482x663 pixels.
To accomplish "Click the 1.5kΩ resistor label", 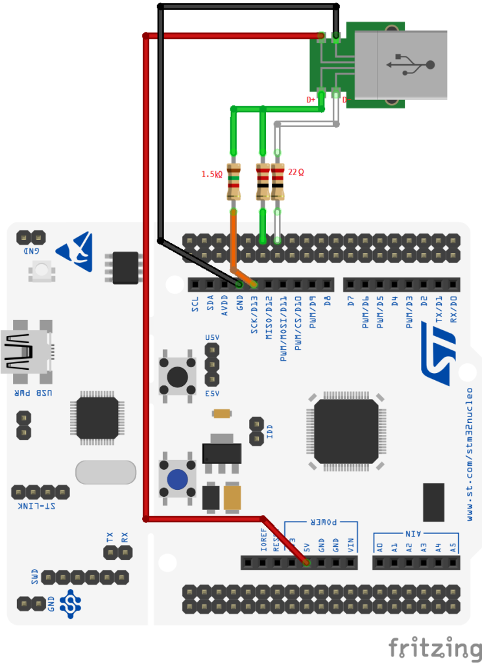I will [x=211, y=175].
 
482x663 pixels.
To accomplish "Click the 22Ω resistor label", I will [x=296, y=173].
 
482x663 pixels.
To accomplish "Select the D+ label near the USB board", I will [x=311, y=100].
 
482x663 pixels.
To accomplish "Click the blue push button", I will [x=177, y=479].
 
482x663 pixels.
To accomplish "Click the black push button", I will [x=177, y=376].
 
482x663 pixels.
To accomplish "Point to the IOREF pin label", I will [x=263, y=540].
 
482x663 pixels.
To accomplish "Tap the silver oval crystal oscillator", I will [x=106, y=472].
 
